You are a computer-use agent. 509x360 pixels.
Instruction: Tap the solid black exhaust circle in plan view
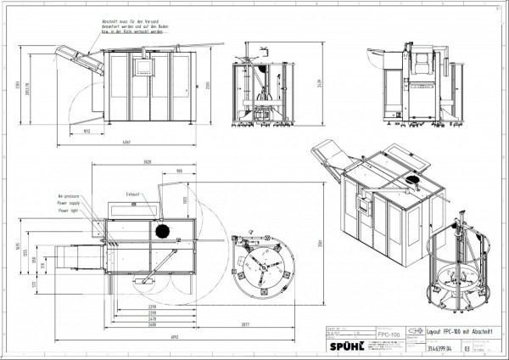(161, 230)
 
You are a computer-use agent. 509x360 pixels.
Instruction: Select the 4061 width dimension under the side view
(126, 141)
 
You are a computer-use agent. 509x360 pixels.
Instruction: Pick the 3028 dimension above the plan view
(148, 161)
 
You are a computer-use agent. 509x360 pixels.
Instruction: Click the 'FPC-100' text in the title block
(389, 336)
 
